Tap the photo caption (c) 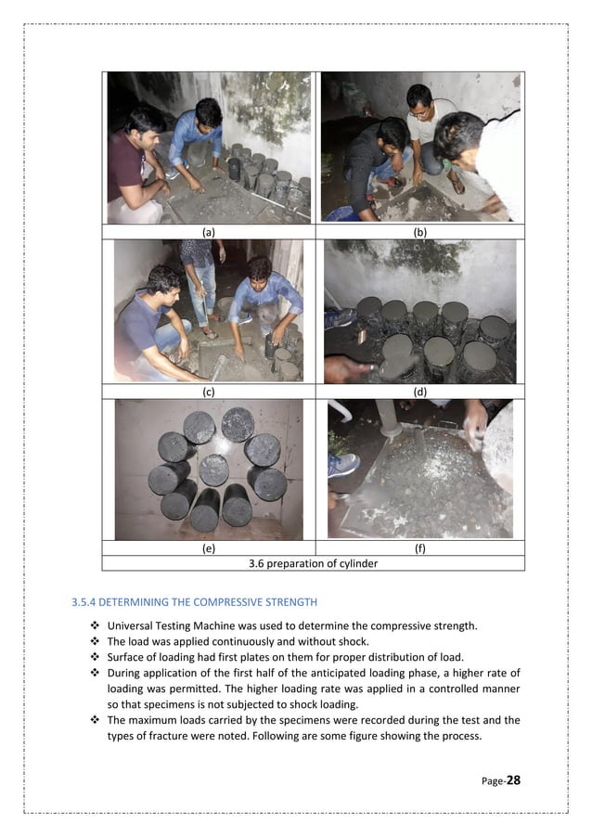pos(209,391)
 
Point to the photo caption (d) pos(419,391)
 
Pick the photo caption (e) pos(209,548)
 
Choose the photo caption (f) pos(419,548)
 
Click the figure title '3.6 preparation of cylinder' pos(314,562)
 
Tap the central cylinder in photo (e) pos(213,469)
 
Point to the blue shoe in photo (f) pos(342,463)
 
